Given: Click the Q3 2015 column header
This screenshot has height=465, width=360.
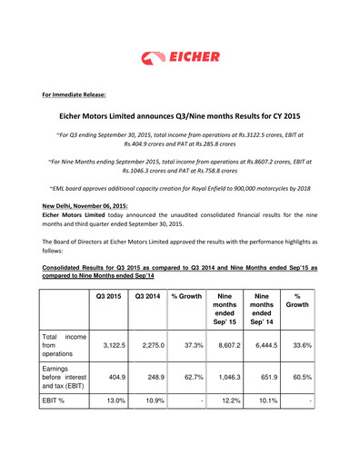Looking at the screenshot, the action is point(107,296).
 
